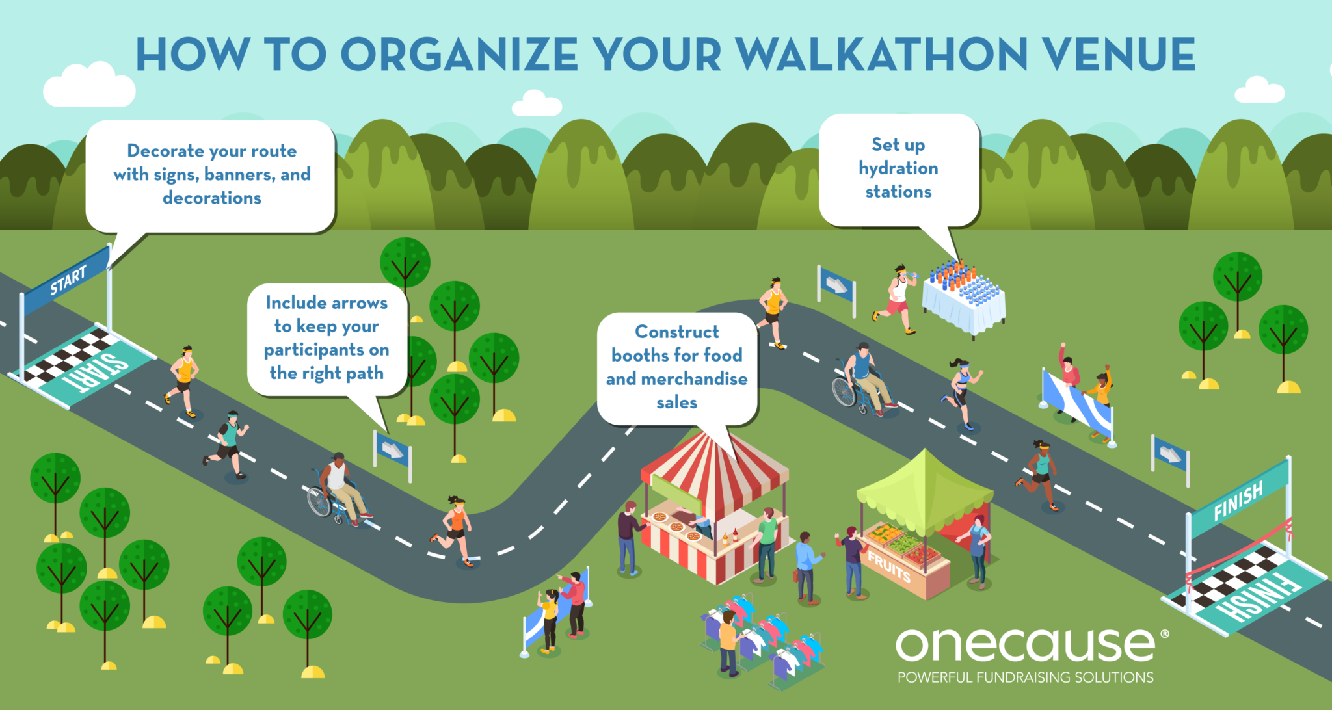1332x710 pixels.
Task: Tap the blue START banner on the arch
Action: [67, 280]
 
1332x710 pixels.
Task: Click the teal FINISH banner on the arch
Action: [1238, 500]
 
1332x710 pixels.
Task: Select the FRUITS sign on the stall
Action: [889, 566]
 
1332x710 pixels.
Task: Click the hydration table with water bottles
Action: [965, 296]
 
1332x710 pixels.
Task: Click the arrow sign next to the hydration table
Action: [836, 286]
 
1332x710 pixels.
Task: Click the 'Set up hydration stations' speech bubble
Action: [898, 168]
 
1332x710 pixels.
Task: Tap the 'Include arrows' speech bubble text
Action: [326, 338]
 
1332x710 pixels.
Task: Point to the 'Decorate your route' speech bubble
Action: [211, 174]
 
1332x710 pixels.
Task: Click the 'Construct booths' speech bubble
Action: [677, 367]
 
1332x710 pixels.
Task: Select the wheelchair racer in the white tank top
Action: [339, 488]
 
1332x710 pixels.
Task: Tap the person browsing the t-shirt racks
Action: [728, 640]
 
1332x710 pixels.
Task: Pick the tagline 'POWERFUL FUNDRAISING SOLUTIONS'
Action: [1025, 677]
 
